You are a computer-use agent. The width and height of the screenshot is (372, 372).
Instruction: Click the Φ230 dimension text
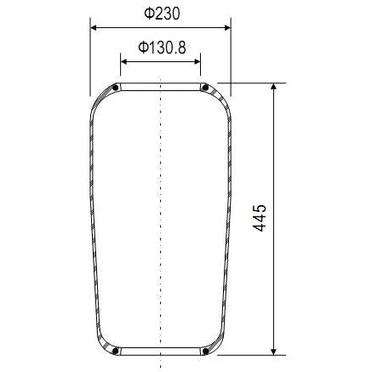tap(160, 14)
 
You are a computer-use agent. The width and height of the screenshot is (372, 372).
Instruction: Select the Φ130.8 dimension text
tap(161, 47)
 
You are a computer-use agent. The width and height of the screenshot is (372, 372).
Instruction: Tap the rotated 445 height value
tap(260, 218)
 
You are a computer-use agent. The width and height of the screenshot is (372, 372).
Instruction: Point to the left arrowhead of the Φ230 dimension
tap(94, 27)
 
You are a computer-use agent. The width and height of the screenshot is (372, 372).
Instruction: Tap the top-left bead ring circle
tap(116, 87)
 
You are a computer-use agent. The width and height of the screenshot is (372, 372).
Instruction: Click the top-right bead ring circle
tap(204, 87)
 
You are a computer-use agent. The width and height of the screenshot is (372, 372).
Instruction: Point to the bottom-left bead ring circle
tap(116, 350)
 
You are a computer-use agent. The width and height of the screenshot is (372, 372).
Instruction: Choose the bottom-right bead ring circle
tap(204, 350)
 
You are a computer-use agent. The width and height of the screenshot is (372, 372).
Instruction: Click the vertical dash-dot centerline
tap(160, 213)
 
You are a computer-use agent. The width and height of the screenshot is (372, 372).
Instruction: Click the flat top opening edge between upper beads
tap(160, 84)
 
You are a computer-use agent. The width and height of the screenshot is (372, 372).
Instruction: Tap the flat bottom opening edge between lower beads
tap(160, 352)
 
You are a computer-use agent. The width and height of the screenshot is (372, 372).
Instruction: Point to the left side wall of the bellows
tap(93, 213)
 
